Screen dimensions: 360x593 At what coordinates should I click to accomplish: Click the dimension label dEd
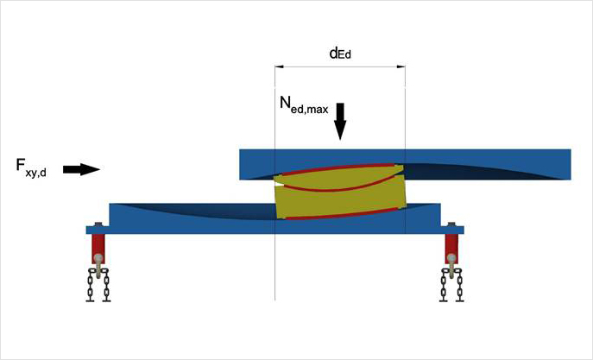click(x=340, y=53)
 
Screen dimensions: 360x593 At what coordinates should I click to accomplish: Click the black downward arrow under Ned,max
click(x=340, y=122)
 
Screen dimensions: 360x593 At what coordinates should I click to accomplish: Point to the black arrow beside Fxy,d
click(x=82, y=169)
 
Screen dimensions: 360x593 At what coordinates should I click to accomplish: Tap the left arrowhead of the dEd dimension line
click(x=279, y=66)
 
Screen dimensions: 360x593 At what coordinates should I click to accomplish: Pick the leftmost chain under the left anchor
click(x=90, y=285)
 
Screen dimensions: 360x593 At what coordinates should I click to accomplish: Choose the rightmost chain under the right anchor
click(x=458, y=285)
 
